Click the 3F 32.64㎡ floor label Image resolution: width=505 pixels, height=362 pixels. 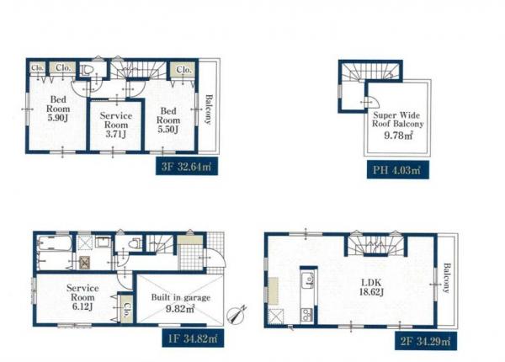click(187, 166)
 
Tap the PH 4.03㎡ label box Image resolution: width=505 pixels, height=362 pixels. click(398, 169)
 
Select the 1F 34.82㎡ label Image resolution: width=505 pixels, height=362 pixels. click(193, 338)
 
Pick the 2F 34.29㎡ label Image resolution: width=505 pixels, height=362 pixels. click(426, 341)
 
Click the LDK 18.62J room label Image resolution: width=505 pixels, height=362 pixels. click(371, 287)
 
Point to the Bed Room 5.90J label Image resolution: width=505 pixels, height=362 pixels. click(58, 109)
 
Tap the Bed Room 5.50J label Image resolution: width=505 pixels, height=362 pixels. click(168, 120)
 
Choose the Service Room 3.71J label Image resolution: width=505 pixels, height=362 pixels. click(116, 125)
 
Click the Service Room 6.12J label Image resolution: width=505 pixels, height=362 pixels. click(82, 297)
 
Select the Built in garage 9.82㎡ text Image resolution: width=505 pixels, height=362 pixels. click(181, 303)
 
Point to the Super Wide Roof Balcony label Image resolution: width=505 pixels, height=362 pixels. click(398, 120)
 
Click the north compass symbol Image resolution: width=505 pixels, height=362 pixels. click(237, 314)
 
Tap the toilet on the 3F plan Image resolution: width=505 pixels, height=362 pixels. click(87, 70)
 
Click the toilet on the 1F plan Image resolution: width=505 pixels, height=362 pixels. click(135, 243)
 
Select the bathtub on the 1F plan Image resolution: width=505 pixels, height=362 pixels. click(54, 243)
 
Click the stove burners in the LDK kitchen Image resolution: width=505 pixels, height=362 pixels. click(306, 314)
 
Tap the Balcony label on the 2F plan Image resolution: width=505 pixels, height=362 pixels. click(446, 278)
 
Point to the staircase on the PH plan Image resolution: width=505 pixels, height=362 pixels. click(370, 72)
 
